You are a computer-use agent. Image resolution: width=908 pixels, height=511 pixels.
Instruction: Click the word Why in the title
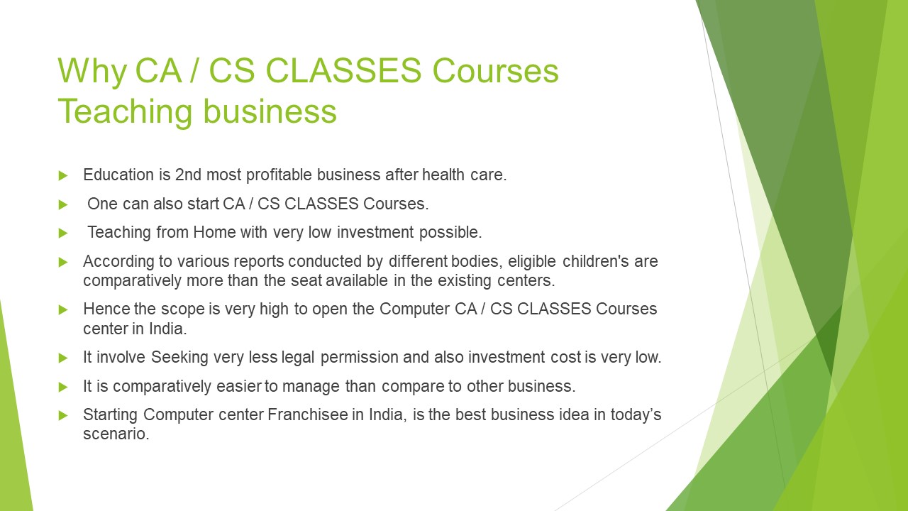pos(92,72)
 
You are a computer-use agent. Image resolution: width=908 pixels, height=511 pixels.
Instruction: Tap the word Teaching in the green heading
pos(125,111)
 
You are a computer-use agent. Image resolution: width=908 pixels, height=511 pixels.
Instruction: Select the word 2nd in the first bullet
pos(188,175)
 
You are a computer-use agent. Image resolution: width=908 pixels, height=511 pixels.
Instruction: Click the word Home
pos(214,232)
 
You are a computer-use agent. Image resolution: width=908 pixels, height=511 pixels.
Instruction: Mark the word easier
pos(239,386)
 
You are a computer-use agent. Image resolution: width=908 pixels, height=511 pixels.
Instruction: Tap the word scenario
pos(116,434)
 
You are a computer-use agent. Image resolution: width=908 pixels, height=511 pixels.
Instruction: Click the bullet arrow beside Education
pos(63,175)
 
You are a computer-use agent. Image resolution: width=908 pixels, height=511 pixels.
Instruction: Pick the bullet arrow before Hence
pos(63,310)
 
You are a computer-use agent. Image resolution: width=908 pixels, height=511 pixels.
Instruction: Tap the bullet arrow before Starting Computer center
pos(63,416)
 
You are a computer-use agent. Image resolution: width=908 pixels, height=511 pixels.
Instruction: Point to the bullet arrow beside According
pos(63,263)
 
